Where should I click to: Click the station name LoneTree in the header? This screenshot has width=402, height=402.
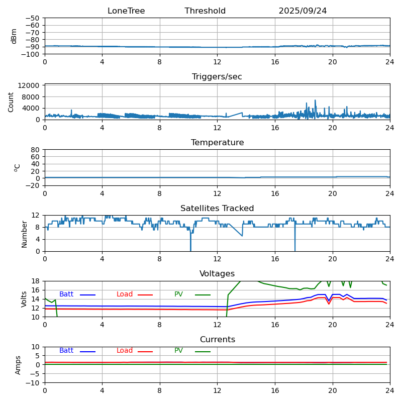(126, 11)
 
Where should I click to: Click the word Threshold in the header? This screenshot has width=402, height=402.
(205, 11)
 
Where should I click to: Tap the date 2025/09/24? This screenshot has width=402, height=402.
(303, 11)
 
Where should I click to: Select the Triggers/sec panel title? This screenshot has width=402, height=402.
(217, 77)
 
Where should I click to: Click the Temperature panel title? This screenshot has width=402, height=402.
(217, 143)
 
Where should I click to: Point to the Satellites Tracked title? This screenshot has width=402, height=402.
(217, 209)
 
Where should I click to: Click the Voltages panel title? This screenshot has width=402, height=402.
(217, 274)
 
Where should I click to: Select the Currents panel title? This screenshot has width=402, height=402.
(217, 340)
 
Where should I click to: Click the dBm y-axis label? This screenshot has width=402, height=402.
(14, 36)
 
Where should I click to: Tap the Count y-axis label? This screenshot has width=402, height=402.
(11, 102)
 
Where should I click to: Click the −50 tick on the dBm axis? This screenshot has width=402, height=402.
(33, 18)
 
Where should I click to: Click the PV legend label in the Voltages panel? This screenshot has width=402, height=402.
(178, 294)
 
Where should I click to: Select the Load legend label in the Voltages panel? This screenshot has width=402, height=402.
(125, 294)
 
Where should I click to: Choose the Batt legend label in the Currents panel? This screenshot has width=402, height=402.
(66, 351)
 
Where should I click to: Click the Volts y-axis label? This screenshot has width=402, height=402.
(24, 299)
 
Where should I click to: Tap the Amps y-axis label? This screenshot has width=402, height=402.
(18, 365)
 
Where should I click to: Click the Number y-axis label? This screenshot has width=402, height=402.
(24, 234)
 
